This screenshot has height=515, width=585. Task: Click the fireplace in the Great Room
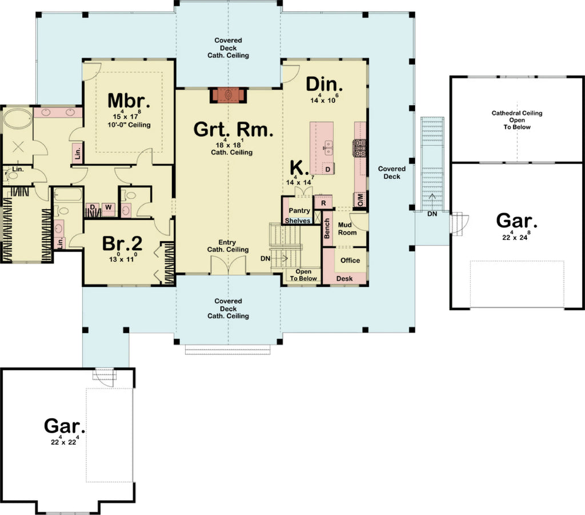(x=229, y=95)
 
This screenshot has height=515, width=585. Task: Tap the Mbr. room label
(x=129, y=101)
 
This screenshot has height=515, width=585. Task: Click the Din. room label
(x=324, y=84)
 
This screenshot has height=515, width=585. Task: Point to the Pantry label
(x=299, y=211)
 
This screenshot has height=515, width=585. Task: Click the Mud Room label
(x=347, y=229)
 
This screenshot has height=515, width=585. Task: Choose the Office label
(x=350, y=260)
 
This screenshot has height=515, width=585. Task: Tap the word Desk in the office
(x=344, y=278)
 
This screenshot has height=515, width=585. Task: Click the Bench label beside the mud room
(x=327, y=229)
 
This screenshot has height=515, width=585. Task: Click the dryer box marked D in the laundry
(x=92, y=207)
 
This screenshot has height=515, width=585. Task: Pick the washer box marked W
(x=107, y=207)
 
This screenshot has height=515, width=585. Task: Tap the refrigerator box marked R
(x=323, y=202)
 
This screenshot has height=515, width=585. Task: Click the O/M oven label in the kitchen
(x=360, y=199)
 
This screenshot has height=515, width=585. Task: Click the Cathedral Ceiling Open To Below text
(x=517, y=120)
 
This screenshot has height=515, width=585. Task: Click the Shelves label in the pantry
(x=298, y=221)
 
